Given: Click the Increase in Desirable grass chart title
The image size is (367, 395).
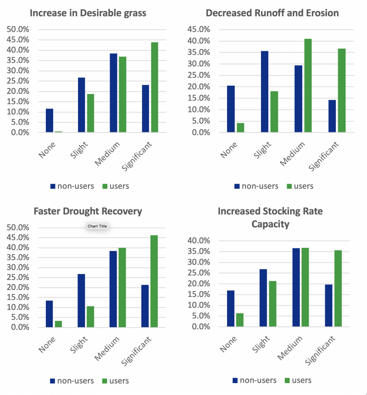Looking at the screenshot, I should (88, 13).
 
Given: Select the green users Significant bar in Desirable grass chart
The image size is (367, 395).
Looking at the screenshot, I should (155, 87).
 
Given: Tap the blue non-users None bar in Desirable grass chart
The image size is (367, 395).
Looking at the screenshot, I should (49, 121).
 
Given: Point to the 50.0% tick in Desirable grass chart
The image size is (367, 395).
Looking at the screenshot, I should (17, 29).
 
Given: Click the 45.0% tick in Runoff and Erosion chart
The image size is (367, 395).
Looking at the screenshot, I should (199, 29).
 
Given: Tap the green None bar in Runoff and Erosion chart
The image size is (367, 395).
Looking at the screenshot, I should (240, 128).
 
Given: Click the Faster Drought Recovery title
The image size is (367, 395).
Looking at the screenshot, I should (88, 211).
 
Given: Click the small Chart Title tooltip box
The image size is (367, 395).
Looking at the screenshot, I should (97, 226).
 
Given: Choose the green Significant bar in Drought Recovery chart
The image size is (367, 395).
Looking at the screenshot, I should (155, 281).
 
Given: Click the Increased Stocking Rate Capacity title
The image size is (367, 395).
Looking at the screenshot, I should (270, 217).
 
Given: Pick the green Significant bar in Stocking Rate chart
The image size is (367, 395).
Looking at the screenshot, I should (338, 288).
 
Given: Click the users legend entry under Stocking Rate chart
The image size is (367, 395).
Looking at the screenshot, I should (298, 380).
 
